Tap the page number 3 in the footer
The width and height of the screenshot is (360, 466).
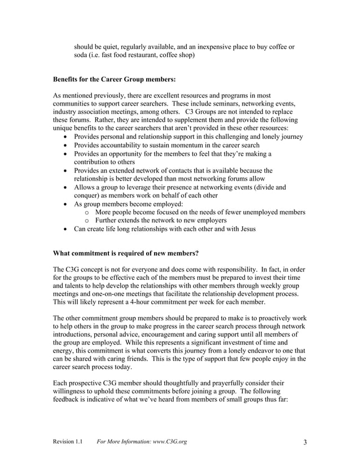(305, 442)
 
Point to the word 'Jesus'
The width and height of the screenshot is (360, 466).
(245, 229)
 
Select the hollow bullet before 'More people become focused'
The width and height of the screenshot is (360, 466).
(88, 212)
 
